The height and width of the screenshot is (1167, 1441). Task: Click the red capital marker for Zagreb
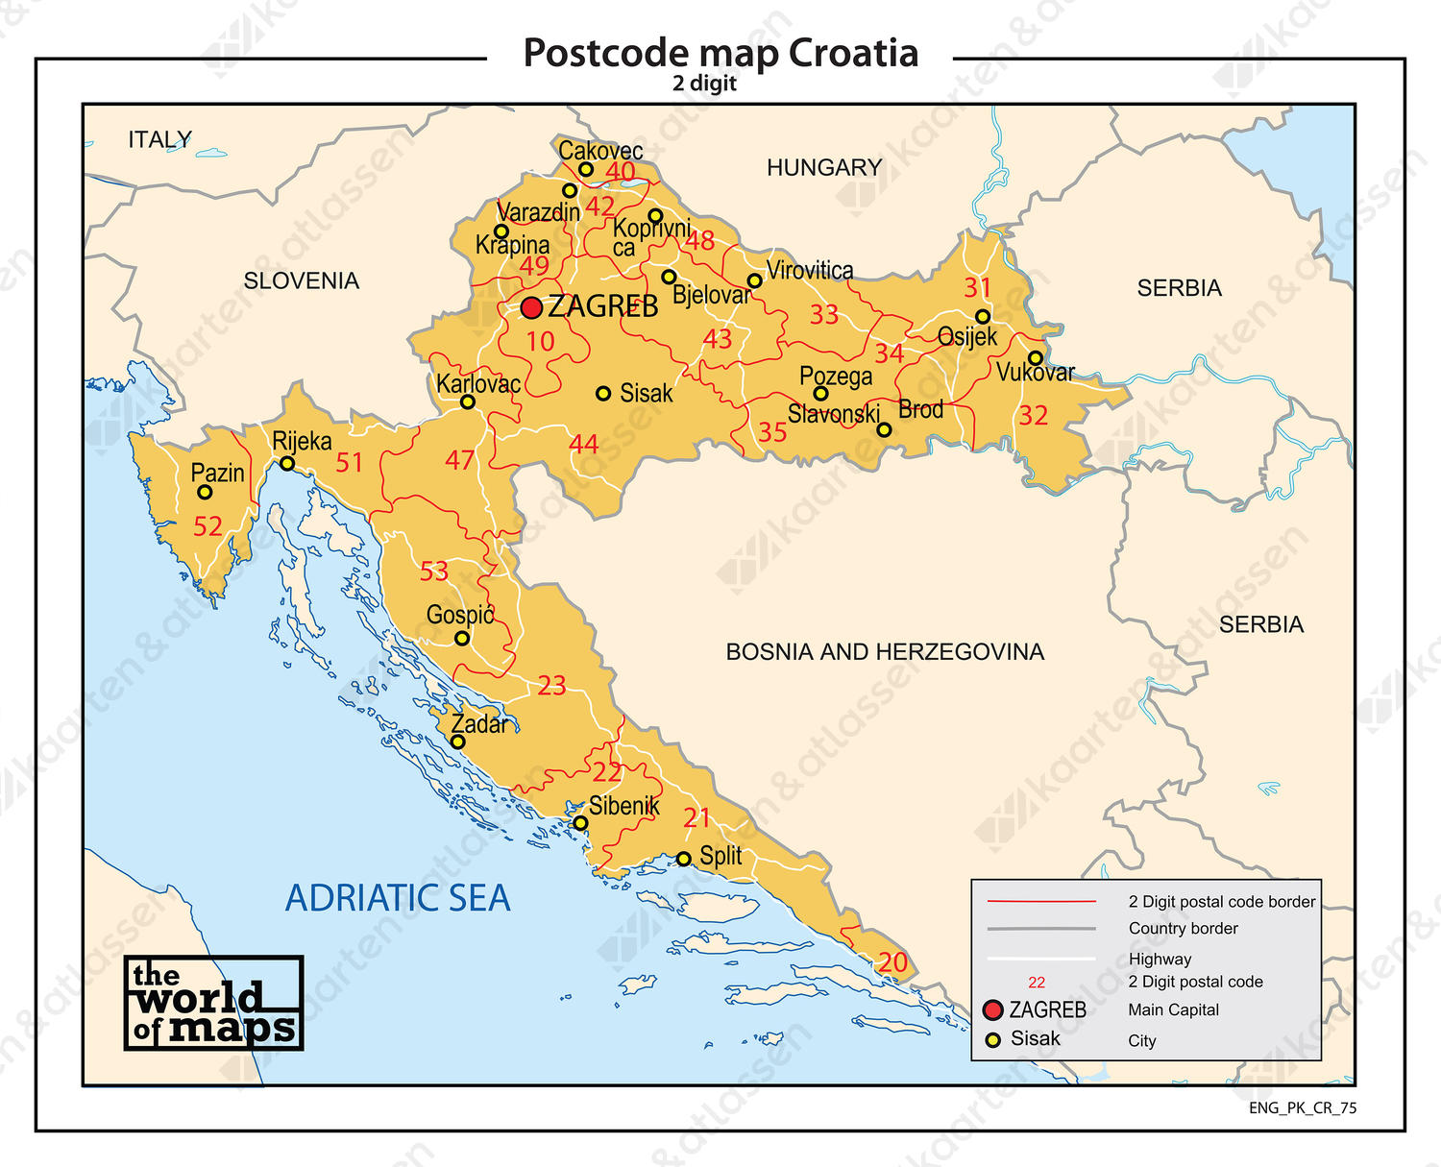point(531,307)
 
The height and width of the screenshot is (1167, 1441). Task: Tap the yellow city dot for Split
point(683,859)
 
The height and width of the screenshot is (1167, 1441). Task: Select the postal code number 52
point(208,526)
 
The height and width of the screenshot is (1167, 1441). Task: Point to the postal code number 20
point(892,962)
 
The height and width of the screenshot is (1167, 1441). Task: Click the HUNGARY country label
point(823,168)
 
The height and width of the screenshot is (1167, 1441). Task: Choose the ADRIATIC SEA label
point(398,898)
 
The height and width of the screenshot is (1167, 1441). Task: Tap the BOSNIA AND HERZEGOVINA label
point(884,652)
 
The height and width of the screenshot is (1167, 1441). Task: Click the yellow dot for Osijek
point(982,317)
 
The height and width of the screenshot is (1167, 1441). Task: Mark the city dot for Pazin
point(205,493)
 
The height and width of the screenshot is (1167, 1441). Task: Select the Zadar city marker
point(458,742)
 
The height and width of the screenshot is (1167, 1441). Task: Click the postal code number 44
point(583,445)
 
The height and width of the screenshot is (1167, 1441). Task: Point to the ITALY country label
point(159,140)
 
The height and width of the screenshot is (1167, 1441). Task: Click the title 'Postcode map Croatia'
point(720,53)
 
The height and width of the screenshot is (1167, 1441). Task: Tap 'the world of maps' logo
point(213,1003)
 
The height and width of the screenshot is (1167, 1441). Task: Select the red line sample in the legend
point(1041,902)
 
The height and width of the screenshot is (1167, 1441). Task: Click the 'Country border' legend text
point(1183,929)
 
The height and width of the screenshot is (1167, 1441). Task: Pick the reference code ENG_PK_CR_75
point(1303,1108)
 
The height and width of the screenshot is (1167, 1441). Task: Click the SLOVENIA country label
point(301,281)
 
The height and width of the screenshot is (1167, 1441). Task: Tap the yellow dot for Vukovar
point(1036,358)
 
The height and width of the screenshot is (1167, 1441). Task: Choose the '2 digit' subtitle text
point(704,84)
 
